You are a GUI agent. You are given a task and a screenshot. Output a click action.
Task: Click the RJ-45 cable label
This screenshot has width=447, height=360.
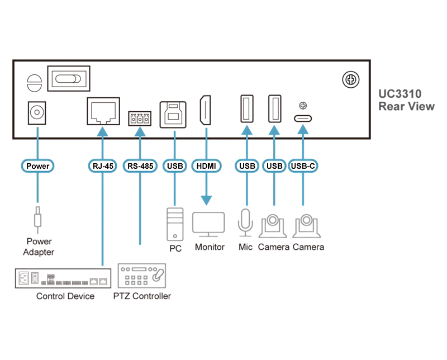pyautogui.click(x=103, y=166)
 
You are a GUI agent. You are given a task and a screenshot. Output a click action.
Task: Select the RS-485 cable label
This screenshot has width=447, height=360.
pyautogui.click(x=140, y=166)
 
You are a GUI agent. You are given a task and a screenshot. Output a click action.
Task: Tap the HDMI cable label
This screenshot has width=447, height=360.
pyautogui.click(x=206, y=166)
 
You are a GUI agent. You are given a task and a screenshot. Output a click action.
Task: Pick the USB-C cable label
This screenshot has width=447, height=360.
pyautogui.click(x=303, y=166)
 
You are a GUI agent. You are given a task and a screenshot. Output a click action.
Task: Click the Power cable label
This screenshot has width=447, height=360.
pyautogui.click(x=37, y=166)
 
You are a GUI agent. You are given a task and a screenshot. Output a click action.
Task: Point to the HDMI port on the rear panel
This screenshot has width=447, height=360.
pyautogui.click(x=206, y=110)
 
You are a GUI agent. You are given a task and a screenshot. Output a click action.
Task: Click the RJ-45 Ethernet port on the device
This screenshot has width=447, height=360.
pyautogui.click(x=103, y=111)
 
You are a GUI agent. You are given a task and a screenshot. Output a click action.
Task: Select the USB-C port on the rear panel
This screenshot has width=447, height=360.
pyautogui.click(x=303, y=119)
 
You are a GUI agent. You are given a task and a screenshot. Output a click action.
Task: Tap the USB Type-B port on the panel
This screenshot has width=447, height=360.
pyautogui.click(x=173, y=115)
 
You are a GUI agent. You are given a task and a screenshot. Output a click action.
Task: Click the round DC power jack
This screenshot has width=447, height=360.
pyautogui.click(x=37, y=113)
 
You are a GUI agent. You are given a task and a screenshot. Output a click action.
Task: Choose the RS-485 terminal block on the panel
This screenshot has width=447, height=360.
pyautogui.click(x=140, y=119)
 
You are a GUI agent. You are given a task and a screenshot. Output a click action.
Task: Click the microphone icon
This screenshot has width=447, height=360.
pyautogui.click(x=245, y=222)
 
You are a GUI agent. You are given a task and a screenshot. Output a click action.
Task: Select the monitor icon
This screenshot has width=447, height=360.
pyautogui.click(x=208, y=225)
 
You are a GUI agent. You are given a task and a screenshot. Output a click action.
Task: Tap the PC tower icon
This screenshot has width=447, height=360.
pyautogui.click(x=175, y=225)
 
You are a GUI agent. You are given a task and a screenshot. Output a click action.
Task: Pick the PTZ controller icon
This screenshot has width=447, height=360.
pyautogui.click(x=142, y=276)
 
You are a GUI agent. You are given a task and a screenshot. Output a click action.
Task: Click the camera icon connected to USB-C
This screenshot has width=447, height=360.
pyautogui.click(x=306, y=226)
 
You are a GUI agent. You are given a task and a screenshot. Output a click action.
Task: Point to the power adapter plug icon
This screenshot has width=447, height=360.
pyautogui.click(x=37, y=220)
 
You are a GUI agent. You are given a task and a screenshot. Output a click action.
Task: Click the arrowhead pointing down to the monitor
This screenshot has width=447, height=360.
pyautogui.click(x=206, y=200)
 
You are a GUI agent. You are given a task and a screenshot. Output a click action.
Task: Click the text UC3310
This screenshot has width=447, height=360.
pyautogui.click(x=400, y=94)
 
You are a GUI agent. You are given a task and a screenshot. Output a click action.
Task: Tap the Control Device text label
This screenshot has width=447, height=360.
pyautogui.click(x=65, y=296)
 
